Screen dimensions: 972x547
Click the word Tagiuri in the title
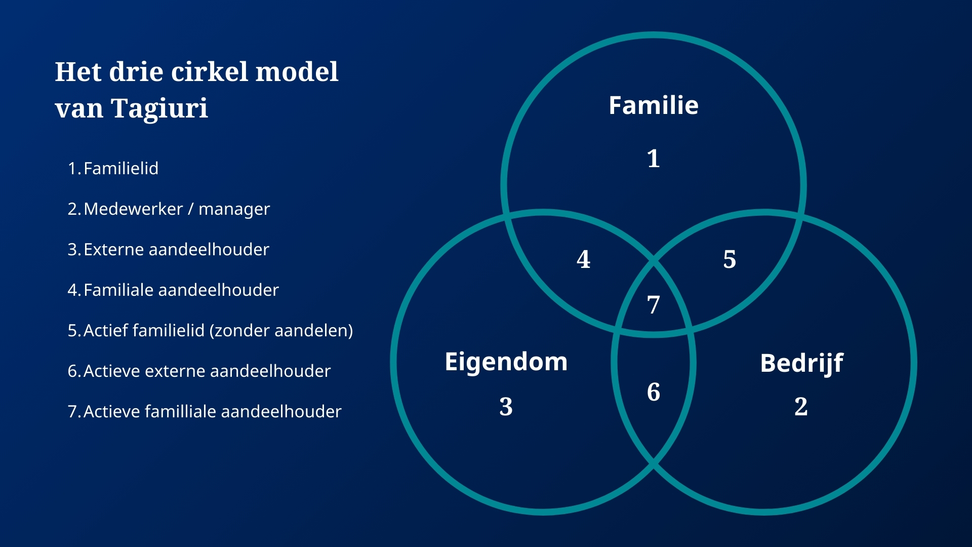(159, 109)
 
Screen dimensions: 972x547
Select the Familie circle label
(654, 105)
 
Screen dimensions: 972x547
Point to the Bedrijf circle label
(802, 364)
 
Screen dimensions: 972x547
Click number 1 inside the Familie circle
(654, 159)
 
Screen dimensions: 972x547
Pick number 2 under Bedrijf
(801, 406)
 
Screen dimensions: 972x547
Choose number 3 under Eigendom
(506, 406)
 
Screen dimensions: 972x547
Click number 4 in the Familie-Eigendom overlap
(584, 259)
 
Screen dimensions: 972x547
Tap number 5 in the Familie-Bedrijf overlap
(730, 259)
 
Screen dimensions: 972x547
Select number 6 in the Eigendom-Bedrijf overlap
(654, 392)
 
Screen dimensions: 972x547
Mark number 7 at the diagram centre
(654, 305)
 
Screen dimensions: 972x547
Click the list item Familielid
(121, 168)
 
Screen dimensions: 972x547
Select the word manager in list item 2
(234, 209)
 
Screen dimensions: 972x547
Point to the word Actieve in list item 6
(112, 371)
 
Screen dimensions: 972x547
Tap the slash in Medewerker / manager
(190, 209)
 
